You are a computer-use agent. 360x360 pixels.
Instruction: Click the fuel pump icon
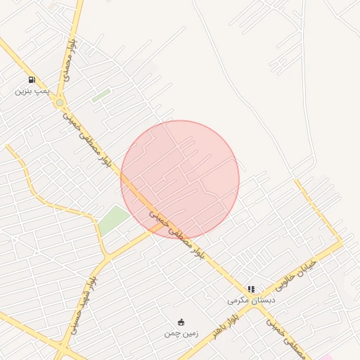click(x=32, y=80)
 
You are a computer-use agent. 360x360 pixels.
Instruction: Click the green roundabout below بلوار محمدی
click(x=60, y=103)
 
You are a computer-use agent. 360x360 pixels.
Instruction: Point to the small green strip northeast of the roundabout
click(x=101, y=94)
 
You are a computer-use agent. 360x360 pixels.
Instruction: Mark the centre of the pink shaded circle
click(x=180, y=179)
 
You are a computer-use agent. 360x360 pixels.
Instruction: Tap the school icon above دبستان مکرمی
click(x=251, y=289)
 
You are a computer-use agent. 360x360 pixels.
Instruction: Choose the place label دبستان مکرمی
click(x=251, y=300)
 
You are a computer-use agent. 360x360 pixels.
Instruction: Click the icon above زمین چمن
click(x=181, y=322)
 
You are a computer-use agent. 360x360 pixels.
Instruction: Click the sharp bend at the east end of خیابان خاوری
click(x=342, y=243)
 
